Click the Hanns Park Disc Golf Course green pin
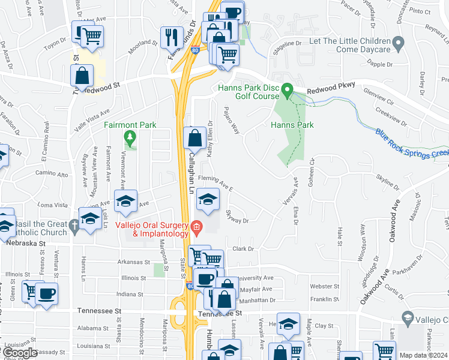coord(287,91)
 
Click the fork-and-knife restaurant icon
coord(172,38)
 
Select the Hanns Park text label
coord(292,125)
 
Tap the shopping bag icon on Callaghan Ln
coord(195,139)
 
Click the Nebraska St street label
coord(26,244)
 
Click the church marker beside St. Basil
coord(73,226)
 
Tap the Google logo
coord(20,353)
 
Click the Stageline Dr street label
coord(286,43)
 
